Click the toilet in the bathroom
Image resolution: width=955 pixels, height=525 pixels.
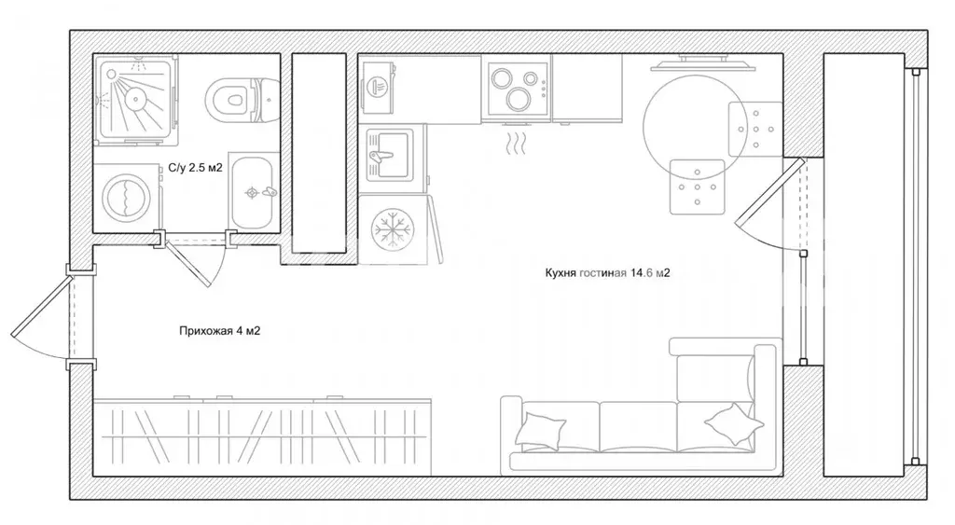point(242,99)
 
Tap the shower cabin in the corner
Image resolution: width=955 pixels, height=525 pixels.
point(136,100)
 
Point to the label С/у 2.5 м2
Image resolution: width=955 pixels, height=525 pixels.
point(196,168)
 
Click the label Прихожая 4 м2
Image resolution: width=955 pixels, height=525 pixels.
point(220,331)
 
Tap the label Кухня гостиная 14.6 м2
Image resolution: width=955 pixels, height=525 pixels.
point(607,273)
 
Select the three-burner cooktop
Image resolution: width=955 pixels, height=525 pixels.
point(517,89)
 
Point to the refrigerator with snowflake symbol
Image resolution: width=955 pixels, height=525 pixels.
point(394,229)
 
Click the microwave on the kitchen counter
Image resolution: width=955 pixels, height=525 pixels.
point(378,86)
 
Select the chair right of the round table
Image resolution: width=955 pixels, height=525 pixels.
point(755,129)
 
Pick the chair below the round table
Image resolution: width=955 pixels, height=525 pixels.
point(698,187)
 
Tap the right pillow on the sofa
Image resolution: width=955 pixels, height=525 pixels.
point(733,424)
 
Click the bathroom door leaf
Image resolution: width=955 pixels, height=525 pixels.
point(188,263)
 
